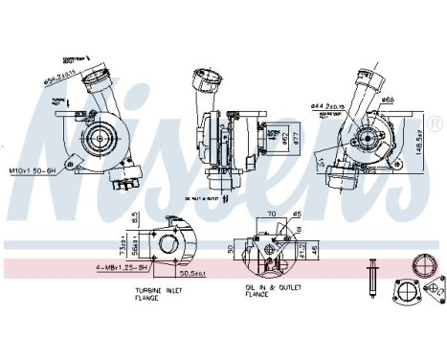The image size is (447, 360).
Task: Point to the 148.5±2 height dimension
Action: [422, 145]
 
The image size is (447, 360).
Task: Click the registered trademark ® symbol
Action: [436, 124]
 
